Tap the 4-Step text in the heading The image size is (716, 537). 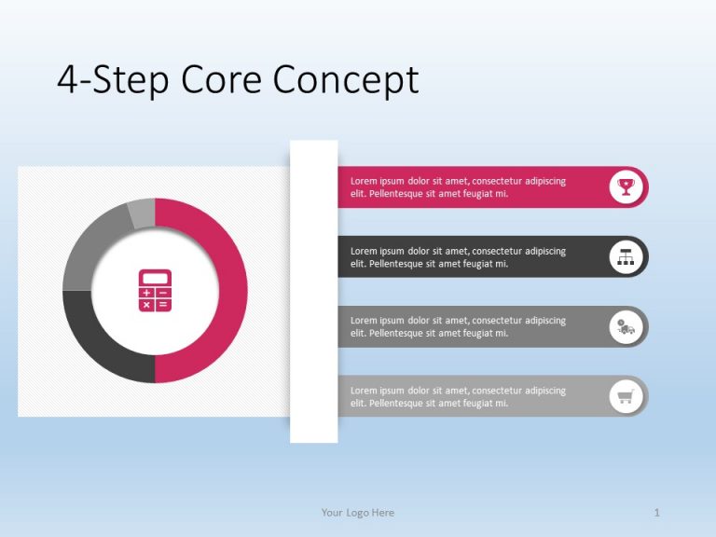tap(113, 82)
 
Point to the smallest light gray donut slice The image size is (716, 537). tap(142, 213)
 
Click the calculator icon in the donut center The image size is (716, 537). tap(155, 291)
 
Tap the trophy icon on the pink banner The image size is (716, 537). tap(626, 187)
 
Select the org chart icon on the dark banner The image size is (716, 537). tap(626, 257)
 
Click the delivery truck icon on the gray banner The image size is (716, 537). tap(626, 327)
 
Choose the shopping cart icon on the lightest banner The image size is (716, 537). tap(626, 397)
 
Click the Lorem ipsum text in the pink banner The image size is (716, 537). tap(458, 187)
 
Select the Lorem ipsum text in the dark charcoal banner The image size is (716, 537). tap(458, 257)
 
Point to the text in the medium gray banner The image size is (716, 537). tap(458, 327)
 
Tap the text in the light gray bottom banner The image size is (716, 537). tap(458, 397)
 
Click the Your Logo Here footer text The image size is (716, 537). tap(357, 513)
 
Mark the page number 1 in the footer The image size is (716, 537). tap(657, 513)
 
